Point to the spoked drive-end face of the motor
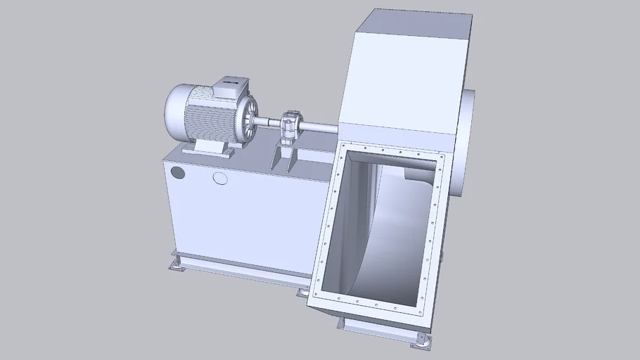click(x=247, y=120)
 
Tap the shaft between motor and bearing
click(x=269, y=124)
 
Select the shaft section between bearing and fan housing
click(x=320, y=127)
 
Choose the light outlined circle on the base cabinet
click(x=220, y=178)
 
